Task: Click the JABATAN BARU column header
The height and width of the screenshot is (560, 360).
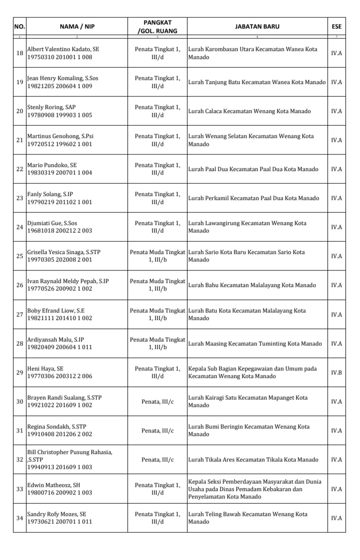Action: click(257, 26)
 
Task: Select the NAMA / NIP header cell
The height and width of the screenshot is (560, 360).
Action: click(76, 26)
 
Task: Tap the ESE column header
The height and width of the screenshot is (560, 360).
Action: click(336, 26)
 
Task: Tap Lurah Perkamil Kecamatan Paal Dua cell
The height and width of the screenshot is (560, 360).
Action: click(253, 198)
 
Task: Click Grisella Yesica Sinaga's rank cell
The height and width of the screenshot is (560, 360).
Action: click(157, 256)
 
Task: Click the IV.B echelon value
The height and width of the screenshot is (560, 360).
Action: click(336, 372)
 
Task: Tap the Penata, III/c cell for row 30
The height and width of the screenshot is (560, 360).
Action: click(157, 401)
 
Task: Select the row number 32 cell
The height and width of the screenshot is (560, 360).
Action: click(20, 459)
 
